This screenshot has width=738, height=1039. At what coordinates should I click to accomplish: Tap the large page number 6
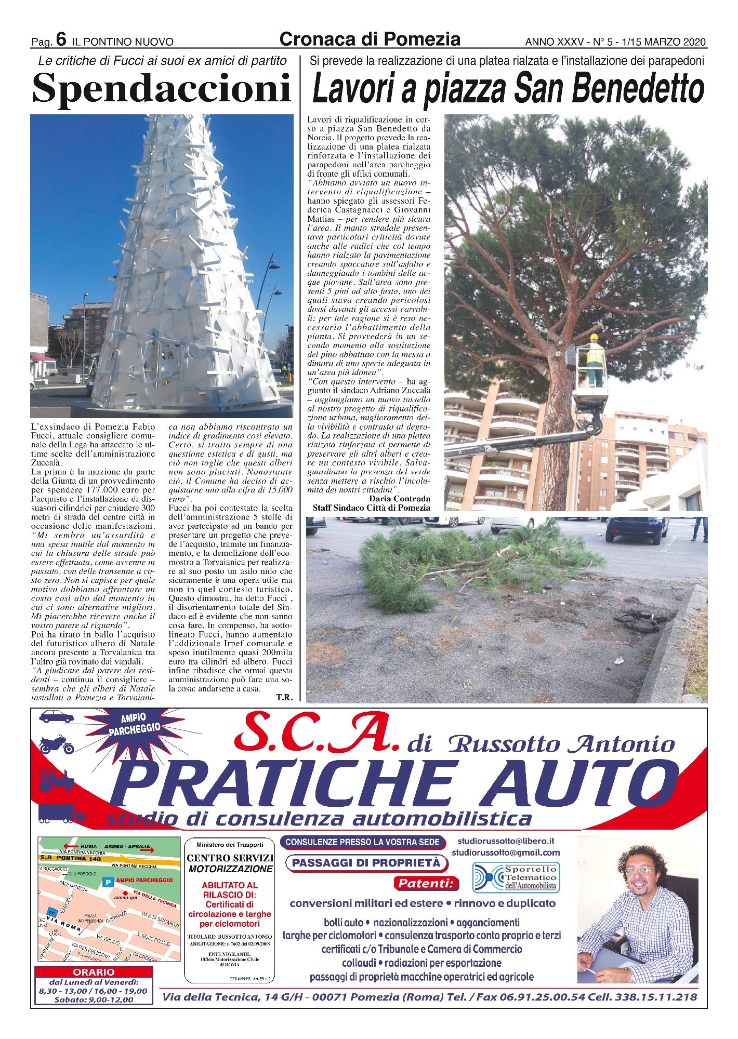point(61,39)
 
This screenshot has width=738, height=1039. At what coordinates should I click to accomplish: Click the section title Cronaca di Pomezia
point(370,39)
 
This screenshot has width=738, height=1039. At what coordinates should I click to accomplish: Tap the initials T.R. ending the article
point(284,697)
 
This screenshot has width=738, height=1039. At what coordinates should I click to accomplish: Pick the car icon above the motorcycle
point(57,717)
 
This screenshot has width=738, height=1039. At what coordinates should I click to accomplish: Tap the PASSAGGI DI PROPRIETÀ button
point(366,863)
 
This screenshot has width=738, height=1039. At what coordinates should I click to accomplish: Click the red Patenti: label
point(426,883)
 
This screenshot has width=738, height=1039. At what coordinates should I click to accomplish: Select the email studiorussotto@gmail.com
point(506,852)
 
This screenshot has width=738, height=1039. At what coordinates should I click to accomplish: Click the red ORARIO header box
point(94,972)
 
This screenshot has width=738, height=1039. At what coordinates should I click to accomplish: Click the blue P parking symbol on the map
point(108,882)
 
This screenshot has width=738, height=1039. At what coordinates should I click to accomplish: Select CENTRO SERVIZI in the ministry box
point(230,858)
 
